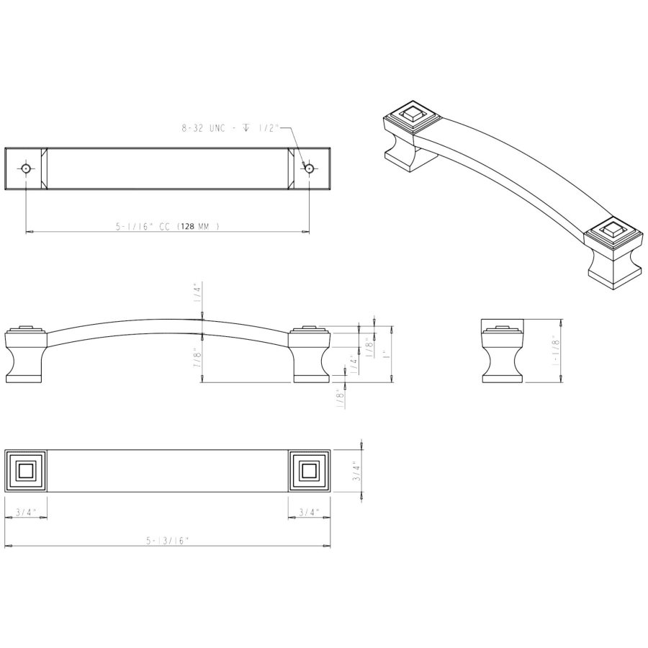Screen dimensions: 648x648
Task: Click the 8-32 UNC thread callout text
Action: point(230,128)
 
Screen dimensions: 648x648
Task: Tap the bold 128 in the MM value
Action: point(186,227)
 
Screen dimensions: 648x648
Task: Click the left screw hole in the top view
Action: point(26,168)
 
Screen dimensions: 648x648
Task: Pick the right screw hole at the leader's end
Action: point(309,168)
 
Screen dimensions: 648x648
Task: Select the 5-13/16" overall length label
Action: point(167,541)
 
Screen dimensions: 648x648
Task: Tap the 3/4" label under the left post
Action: point(26,513)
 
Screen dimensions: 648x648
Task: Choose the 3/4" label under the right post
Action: point(309,513)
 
